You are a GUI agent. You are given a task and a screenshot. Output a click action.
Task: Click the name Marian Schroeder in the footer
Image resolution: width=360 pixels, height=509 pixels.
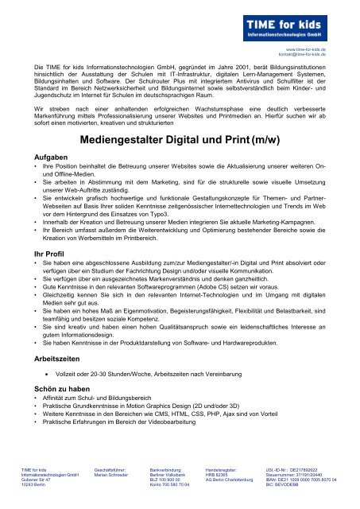pyautogui.click(x=111, y=475)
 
